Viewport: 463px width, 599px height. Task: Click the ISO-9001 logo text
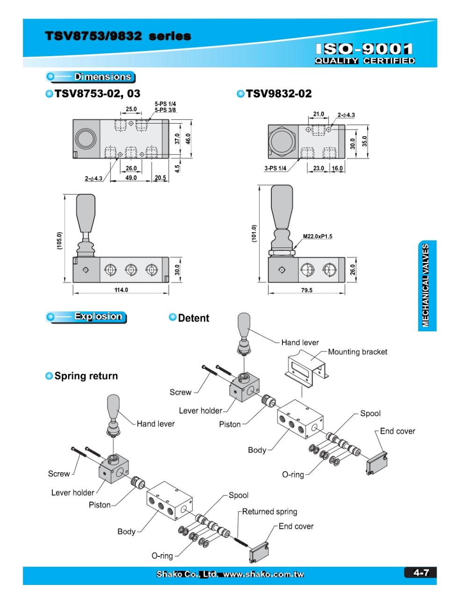[x=364, y=49]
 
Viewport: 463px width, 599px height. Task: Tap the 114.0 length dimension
[x=121, y=290]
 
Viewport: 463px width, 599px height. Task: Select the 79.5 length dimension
[x=306, y=290]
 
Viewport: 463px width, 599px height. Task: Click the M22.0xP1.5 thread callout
[x=318, y=236]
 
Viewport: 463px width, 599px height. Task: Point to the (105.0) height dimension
[x=59, y=241]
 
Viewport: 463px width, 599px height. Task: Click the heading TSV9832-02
[x=278, y=94]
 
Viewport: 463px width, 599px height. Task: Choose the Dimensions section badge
[x=91, y=77]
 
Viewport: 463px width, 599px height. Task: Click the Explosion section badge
[x=87, y=317]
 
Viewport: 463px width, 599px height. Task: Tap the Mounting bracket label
[x=357, y=352]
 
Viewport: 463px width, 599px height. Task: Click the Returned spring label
[x=269, y=511]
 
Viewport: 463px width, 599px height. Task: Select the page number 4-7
[x=421, y=572]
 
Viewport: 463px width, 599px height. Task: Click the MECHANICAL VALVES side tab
[x=426, y=285]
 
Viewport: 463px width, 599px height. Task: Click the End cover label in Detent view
[x=398, y=431]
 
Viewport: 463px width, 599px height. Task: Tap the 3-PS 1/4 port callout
[x=275, y=168]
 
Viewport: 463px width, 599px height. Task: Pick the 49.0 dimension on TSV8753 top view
[x=131, y=178]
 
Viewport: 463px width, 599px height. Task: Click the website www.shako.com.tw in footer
[x=263, y=574]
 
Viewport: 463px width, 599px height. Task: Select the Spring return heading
[x=86, y=376]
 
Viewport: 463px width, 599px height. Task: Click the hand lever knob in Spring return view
[x=113, y=407]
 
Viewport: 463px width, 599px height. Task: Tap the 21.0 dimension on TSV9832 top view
[x=318, y=114]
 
